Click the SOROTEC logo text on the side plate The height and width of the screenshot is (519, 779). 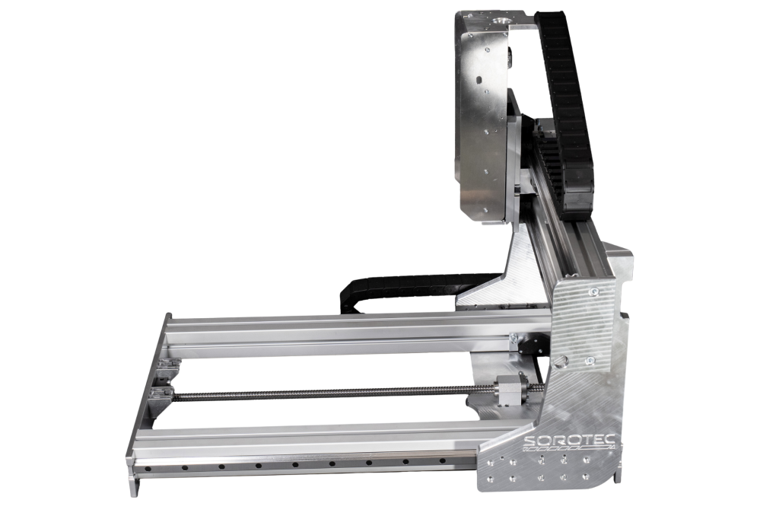571,441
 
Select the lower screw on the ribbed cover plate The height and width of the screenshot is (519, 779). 590,360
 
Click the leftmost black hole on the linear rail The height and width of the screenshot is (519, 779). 148,469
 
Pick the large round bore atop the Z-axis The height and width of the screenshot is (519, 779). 500,22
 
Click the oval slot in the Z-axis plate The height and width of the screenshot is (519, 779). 479,80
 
